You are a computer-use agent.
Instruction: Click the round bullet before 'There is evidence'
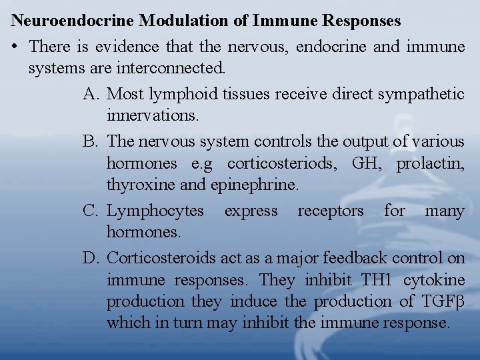pos(15,47)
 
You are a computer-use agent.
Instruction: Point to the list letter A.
pos(91,94)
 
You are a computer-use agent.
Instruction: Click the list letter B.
pos(91,141)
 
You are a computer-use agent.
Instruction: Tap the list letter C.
pos(91,211)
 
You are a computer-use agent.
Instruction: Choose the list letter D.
pos(91,257)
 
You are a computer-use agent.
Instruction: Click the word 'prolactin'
pos(431,163)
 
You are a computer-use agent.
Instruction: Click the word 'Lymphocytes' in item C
pos(155,211)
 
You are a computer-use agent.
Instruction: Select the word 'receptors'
pos(331,211)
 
